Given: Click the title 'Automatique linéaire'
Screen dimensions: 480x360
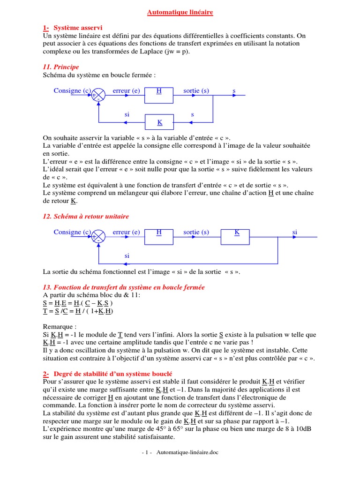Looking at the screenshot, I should (x=180, y=13).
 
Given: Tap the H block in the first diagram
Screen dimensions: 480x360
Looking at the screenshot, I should (x=159, y=95).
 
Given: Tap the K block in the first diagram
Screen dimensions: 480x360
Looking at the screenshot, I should (x=159, y=122).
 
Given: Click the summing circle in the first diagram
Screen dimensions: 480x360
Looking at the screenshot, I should (x=98, y=95).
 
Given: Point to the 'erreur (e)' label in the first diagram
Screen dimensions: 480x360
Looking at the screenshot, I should (x=126, y=90).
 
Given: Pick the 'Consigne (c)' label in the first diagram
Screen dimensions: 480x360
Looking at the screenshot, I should (x=72, y=90).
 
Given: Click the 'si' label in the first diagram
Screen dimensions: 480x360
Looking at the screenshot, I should (x=127, y=114).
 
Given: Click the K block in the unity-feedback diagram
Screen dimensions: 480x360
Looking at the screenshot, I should (x=237, y=237).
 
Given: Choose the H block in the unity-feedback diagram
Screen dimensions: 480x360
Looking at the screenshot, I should (x=159, y=237).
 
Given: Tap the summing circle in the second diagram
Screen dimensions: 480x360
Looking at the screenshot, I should (x=98, y=237).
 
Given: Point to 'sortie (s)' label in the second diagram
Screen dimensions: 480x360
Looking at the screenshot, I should (x=196, y=232).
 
